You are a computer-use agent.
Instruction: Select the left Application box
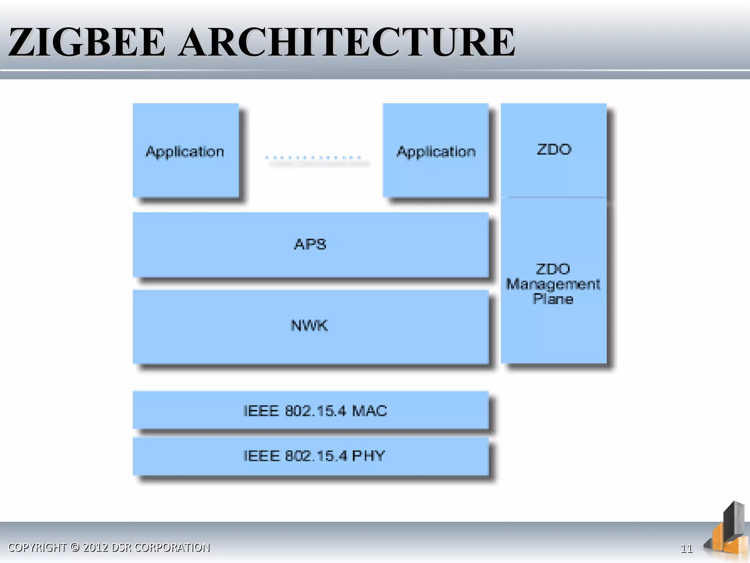(x=185, y=151)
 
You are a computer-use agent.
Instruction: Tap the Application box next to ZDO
(x=436, y=151)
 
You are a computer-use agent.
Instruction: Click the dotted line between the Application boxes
(x=313, y=158)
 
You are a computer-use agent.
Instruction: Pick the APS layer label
(x=310, y=244)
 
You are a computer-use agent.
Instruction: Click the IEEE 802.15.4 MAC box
(x=311, y=410)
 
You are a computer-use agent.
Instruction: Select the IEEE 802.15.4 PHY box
(x=311, y=456)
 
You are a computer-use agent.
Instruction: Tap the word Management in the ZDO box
(x=553, y=284)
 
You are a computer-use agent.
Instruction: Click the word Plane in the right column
(x=553, y=299)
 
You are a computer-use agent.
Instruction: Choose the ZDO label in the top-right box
(x=554, y=150)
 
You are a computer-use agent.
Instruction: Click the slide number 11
(x=686, y=548)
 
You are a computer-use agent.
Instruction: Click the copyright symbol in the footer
(x=75, y=547)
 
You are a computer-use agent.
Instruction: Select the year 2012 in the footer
(x=96, y=547)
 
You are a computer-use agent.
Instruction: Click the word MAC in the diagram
(x=369, y=411)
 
